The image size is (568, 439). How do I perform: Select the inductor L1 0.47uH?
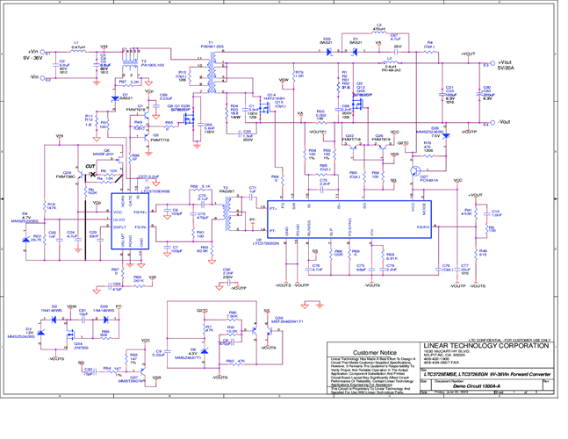pyautogui.click(x=77, y=50)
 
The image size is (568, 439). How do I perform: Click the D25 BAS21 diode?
pyautogui.click(x=327, y=50)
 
